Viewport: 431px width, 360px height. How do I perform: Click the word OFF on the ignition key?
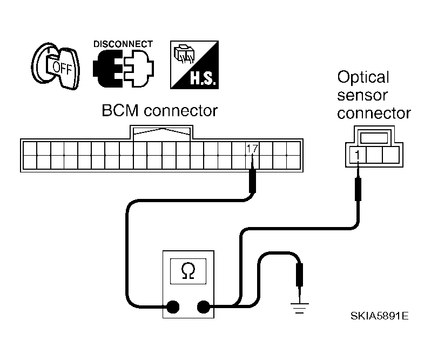coord(62,68)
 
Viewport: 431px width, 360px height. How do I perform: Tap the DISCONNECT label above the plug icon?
coord(123,44)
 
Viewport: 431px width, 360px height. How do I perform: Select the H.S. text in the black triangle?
coord(203,78)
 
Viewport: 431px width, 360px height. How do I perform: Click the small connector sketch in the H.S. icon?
coord(184,54)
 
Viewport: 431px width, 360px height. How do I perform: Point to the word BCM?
coord(120,111)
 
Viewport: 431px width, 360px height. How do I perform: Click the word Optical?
coord(363,78)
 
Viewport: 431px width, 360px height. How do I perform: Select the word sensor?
coord(362,96)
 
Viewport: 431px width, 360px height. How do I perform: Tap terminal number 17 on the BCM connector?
coord(252,149)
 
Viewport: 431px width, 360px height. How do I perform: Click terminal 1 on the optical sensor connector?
coord(358,155)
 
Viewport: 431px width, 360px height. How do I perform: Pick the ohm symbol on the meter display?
coord(188,271)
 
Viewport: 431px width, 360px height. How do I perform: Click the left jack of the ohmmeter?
coord(173,307)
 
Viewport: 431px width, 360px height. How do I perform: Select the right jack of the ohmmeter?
coord(204,307)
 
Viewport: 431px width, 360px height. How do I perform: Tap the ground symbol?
coord(299,308)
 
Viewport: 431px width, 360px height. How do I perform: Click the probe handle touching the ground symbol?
coord(299,275)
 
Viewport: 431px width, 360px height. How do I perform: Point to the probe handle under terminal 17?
coord(252,181)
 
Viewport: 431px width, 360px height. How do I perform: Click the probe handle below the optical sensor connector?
coord(358,189)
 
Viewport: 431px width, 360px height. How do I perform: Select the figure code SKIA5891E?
coord(379,316)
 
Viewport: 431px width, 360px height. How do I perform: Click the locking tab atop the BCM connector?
coord(161,134)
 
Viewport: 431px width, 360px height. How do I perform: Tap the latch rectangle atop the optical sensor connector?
coord(374,137)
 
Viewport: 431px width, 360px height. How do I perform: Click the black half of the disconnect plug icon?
coord(104,69)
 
